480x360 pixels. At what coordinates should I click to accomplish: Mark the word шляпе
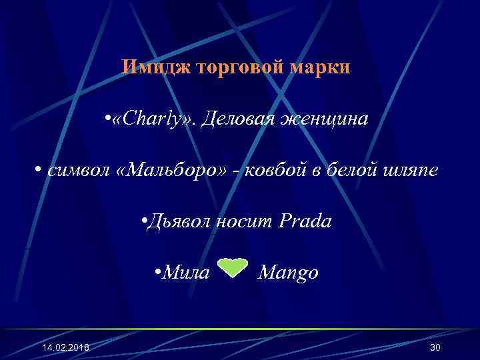[x=411, y=171]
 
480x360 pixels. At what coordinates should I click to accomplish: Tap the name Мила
[x=186, y=273]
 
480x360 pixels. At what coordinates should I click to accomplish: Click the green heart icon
[x=233, y=267]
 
